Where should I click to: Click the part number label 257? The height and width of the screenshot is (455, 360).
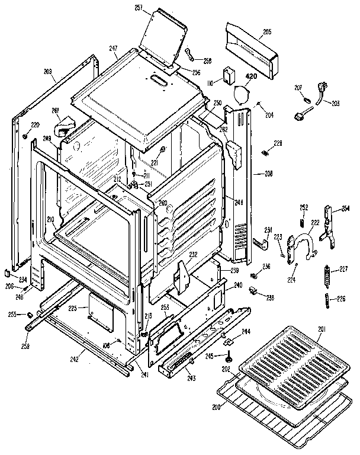click(140, 8)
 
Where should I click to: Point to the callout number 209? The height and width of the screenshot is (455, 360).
click(47, 73)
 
